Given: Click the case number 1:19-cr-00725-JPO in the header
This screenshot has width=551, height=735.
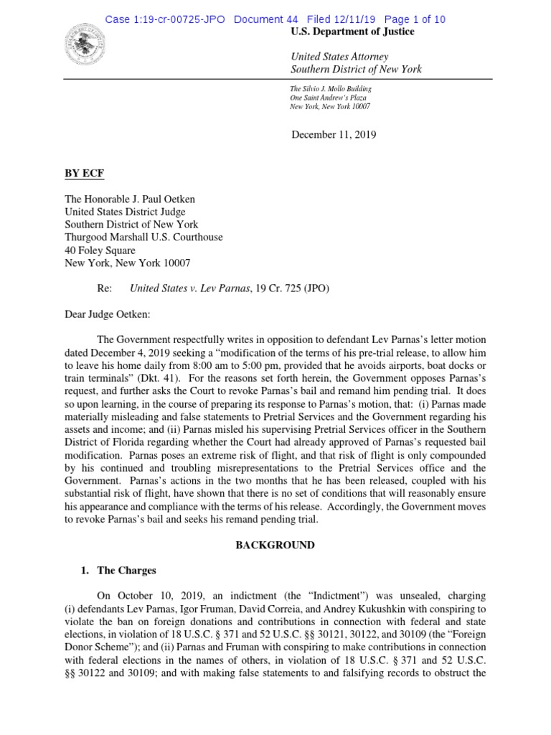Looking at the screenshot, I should (x=166, y=19).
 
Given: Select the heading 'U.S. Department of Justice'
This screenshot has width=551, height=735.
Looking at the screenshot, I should (x=352, y=32).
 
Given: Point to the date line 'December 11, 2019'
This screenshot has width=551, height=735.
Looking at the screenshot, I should (x=334, y=134).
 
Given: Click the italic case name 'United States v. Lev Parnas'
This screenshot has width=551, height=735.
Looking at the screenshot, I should (x=189, y=289).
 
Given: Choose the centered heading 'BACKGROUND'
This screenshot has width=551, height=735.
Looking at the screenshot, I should (x=275, y=545).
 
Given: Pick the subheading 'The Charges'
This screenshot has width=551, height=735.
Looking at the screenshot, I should (x=126, y=571).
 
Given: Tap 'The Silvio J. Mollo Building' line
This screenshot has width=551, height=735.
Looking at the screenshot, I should (x=331, y=88).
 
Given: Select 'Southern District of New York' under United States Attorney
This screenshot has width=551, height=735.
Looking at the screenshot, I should (x=356, y=70).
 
